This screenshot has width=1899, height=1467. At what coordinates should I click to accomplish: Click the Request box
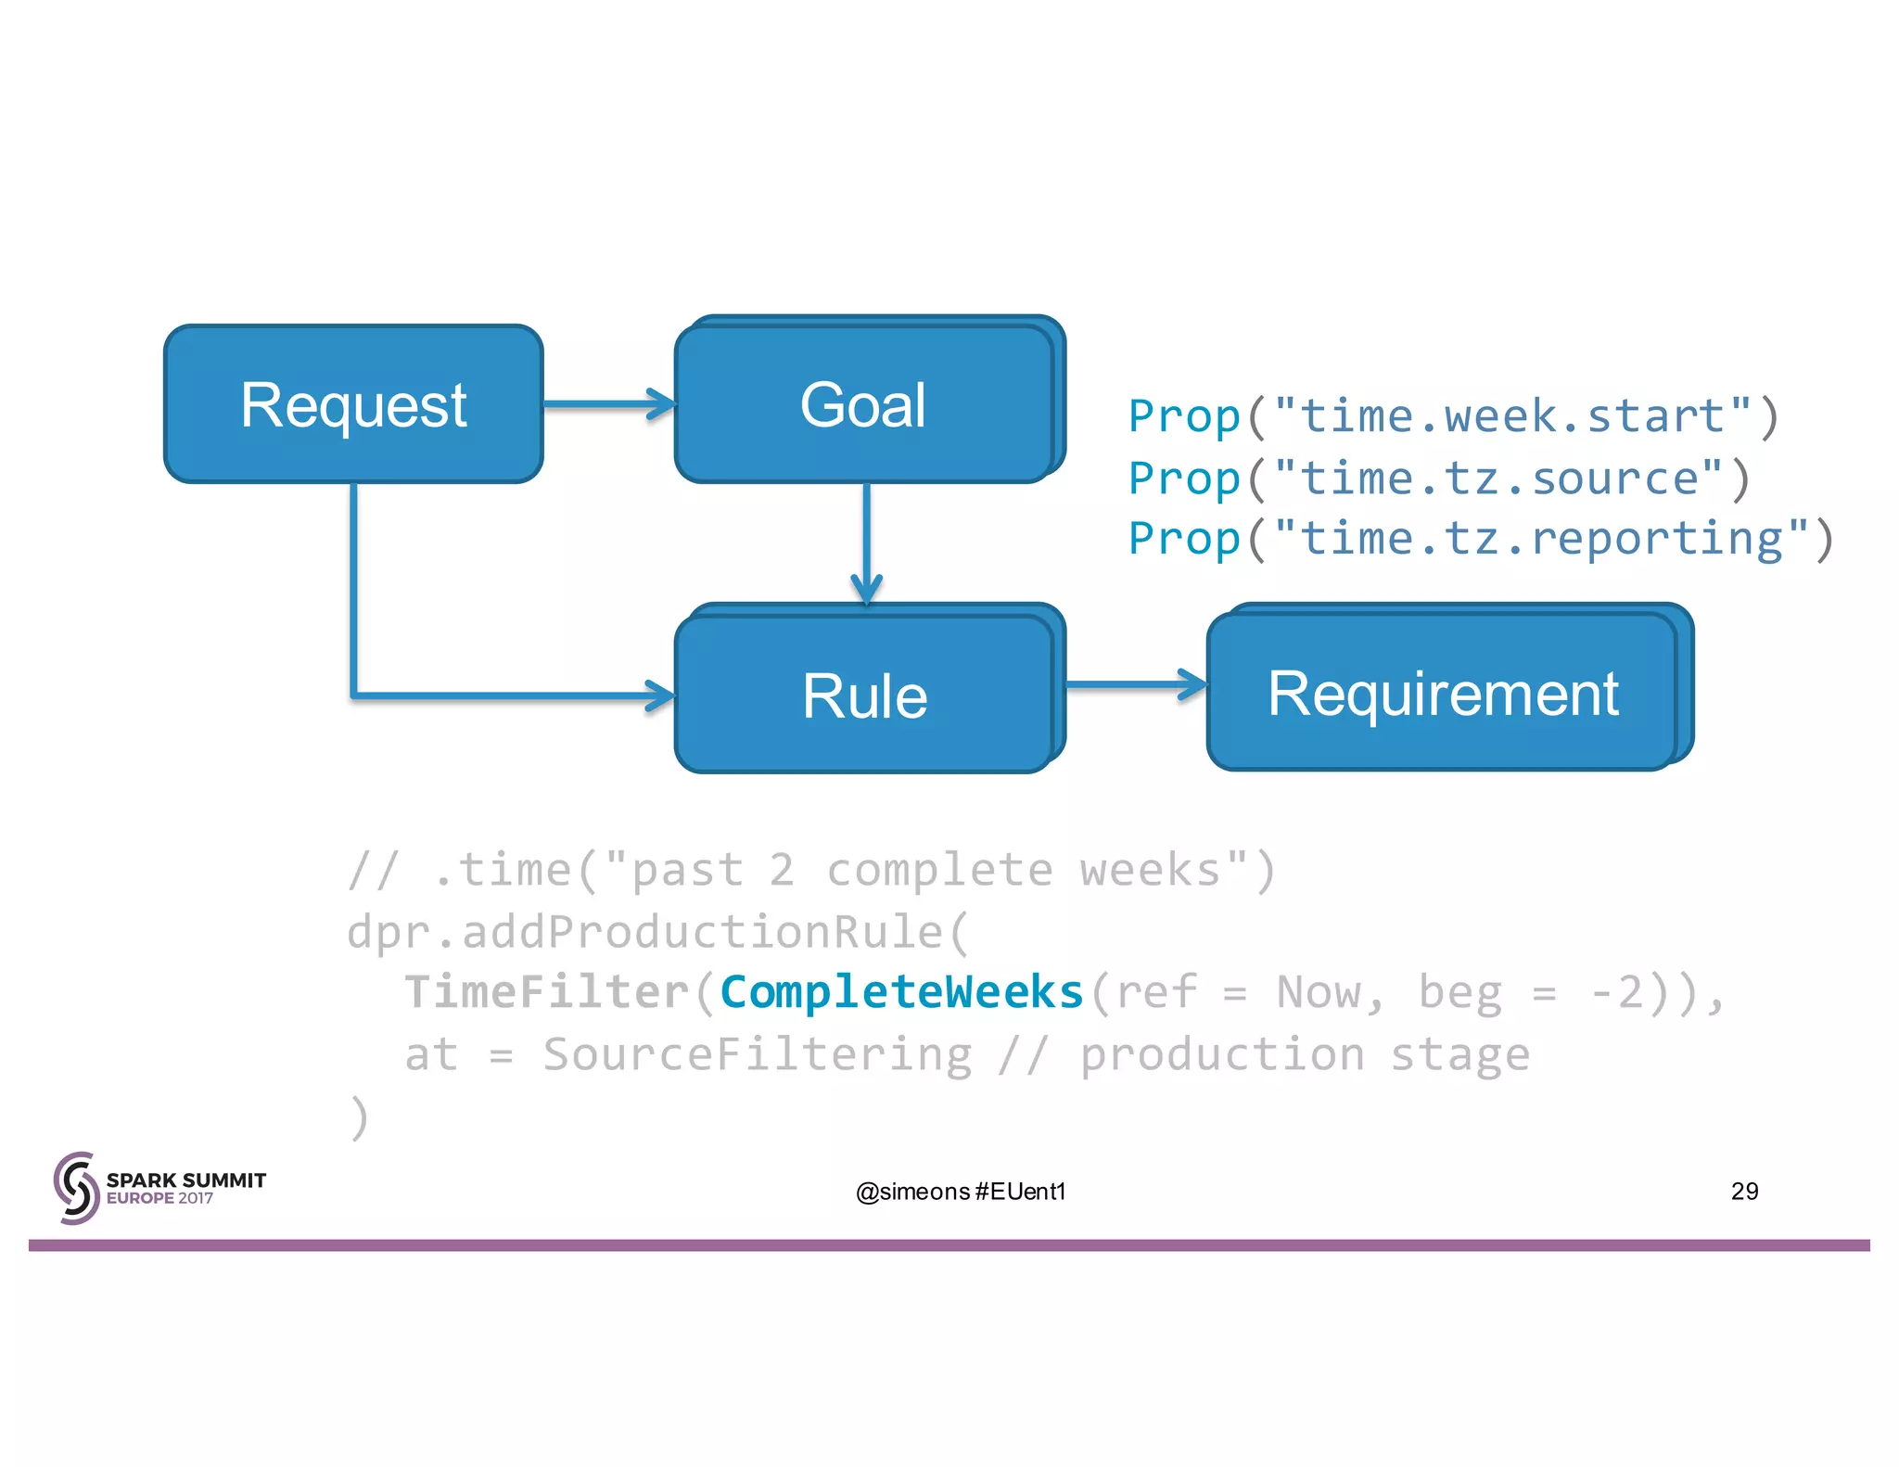click(x=353, y=404)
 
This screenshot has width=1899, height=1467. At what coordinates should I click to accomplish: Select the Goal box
click(x=863, y=404)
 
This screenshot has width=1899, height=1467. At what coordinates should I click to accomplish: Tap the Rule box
click(x=863, y=695)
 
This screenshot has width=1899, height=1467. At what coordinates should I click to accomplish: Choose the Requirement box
click(x=1442, y=693)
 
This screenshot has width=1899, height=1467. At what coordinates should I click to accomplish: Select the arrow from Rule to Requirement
click(x=1136, y=684)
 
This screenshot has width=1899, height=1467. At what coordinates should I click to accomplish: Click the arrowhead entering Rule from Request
click(x=660, y=695)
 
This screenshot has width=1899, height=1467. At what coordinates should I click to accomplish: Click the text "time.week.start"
click(x=1512, y=416)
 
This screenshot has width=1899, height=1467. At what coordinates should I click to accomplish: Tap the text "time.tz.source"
click(x=1498, y=478)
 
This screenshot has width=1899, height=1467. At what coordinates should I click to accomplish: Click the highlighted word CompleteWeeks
click(x=901, y=992)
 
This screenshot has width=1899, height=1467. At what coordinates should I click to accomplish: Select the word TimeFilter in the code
click(x=547, y=992)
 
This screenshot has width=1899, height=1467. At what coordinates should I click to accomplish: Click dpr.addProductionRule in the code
click(x=645, y=931)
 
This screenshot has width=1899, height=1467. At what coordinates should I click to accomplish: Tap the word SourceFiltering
click(x=758, y=1054)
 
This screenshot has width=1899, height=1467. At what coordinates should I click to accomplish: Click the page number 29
click(x=1744, y=1191)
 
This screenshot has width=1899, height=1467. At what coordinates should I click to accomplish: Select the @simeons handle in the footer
click(x=912, y=1192)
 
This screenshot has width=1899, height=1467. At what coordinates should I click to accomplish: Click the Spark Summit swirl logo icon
click(x=76, y=1188)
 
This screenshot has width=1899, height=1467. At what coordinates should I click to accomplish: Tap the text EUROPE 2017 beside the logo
click(x=159, y=1198)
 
